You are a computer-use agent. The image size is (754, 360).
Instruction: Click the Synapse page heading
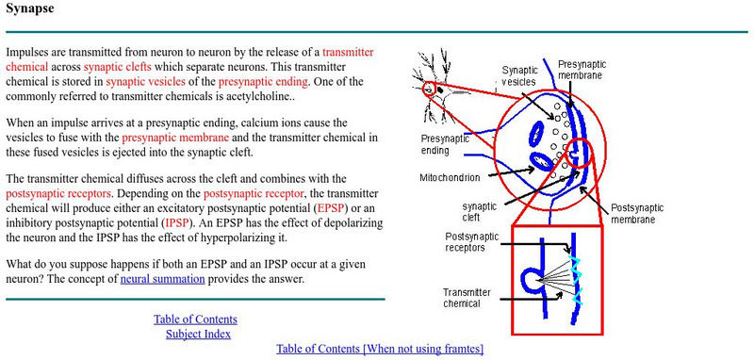click(x=29, y=11)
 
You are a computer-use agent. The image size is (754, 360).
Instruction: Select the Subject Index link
click(x=198, y=334)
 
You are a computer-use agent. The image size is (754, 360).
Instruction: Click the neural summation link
click(x=160, y=279)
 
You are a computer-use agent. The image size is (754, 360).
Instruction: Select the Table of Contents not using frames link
click(x=379, y=349)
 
